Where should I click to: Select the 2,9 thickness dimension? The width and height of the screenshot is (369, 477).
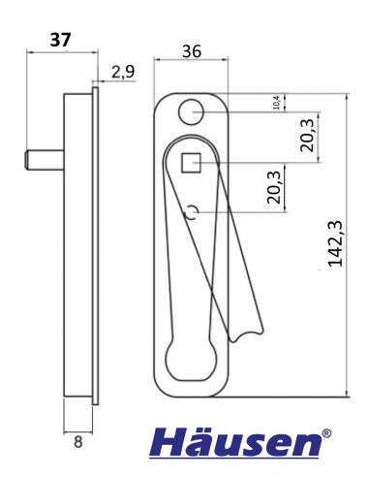[x=123, y=71]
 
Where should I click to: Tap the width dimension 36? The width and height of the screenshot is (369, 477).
[x=191, y=53]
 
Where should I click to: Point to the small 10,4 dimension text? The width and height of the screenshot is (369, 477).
[x=278, y=103]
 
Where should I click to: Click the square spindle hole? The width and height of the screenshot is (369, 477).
[x=192, y=163]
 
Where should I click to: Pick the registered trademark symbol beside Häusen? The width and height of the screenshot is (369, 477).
[x=327, y=433]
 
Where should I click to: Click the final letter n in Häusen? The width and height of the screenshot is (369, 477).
[x=304, y=445]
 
